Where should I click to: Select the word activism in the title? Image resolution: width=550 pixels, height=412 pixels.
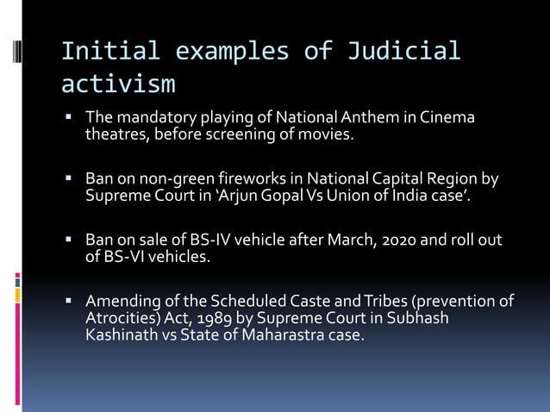coord(118,84)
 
